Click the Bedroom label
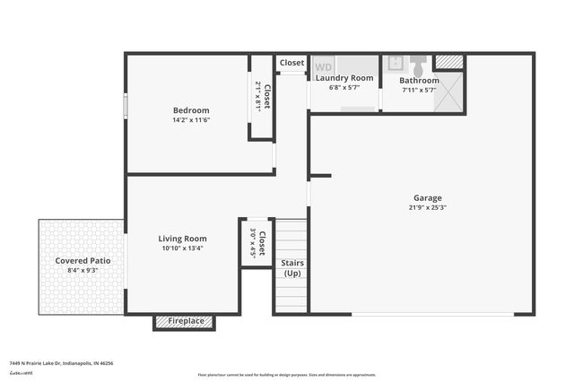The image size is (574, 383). tap(191, 110)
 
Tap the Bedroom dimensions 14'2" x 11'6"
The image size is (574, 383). tap(191, 120)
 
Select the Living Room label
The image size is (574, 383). tap(182, 239)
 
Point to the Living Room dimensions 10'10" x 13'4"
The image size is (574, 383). tap(182, 248)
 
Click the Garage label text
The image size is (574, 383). tap(427, 198)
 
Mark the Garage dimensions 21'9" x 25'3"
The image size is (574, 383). tap(427, 207)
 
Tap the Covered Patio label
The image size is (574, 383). tap(82, 260)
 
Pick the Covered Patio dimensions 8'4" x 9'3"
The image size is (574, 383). tap(82, 270)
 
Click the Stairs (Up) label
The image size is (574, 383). tap(292, 268)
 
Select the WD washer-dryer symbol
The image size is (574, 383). tap(323, 66)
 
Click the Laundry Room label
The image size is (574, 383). tap(344, 79)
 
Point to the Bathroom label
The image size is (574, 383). tap(419, 80)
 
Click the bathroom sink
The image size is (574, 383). tap(395, 65)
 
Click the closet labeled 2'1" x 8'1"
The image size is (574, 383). tap(262, 97)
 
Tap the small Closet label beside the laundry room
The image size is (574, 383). tap(291, 63)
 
